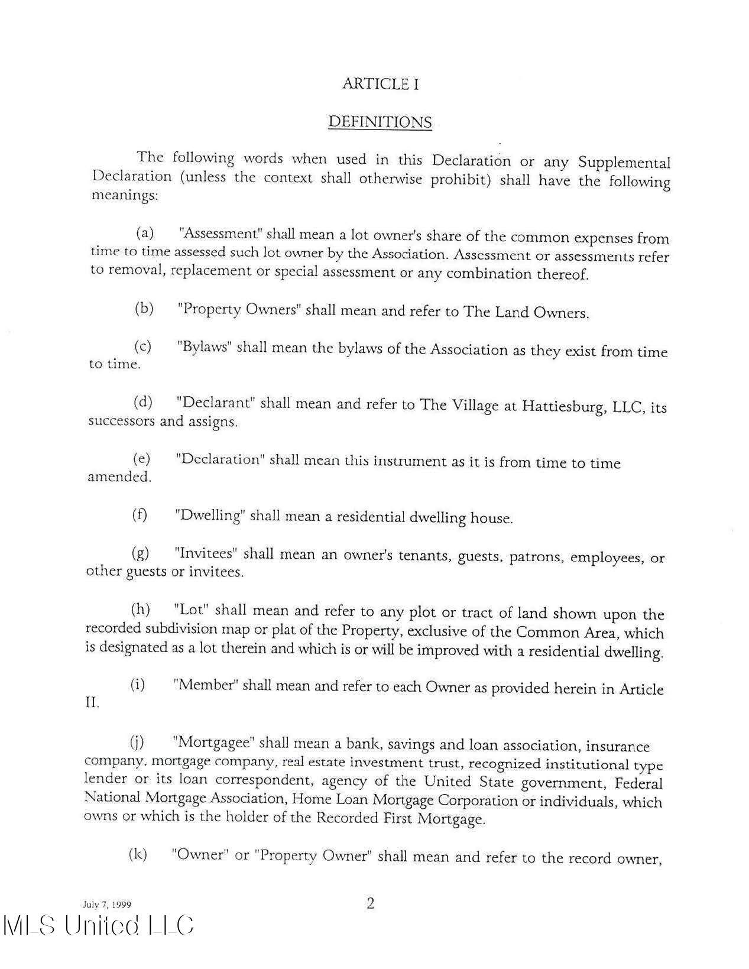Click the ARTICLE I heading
coord(380,84)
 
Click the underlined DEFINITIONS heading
coord(380,122)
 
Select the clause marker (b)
coord(144,308)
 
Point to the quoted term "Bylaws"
coord(203,346)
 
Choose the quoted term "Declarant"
coord(216,403)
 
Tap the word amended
coord(119,477)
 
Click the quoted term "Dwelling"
coord(210,516)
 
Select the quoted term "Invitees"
coord(206,553)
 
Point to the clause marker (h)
coord(140,609)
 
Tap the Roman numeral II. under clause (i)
coord(92,704)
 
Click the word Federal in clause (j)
coord(638,784)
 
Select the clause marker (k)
coord(138,854)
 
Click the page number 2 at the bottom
coord(371,903)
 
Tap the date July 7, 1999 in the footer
coord(106,905)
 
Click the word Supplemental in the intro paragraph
coord(624,163)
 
